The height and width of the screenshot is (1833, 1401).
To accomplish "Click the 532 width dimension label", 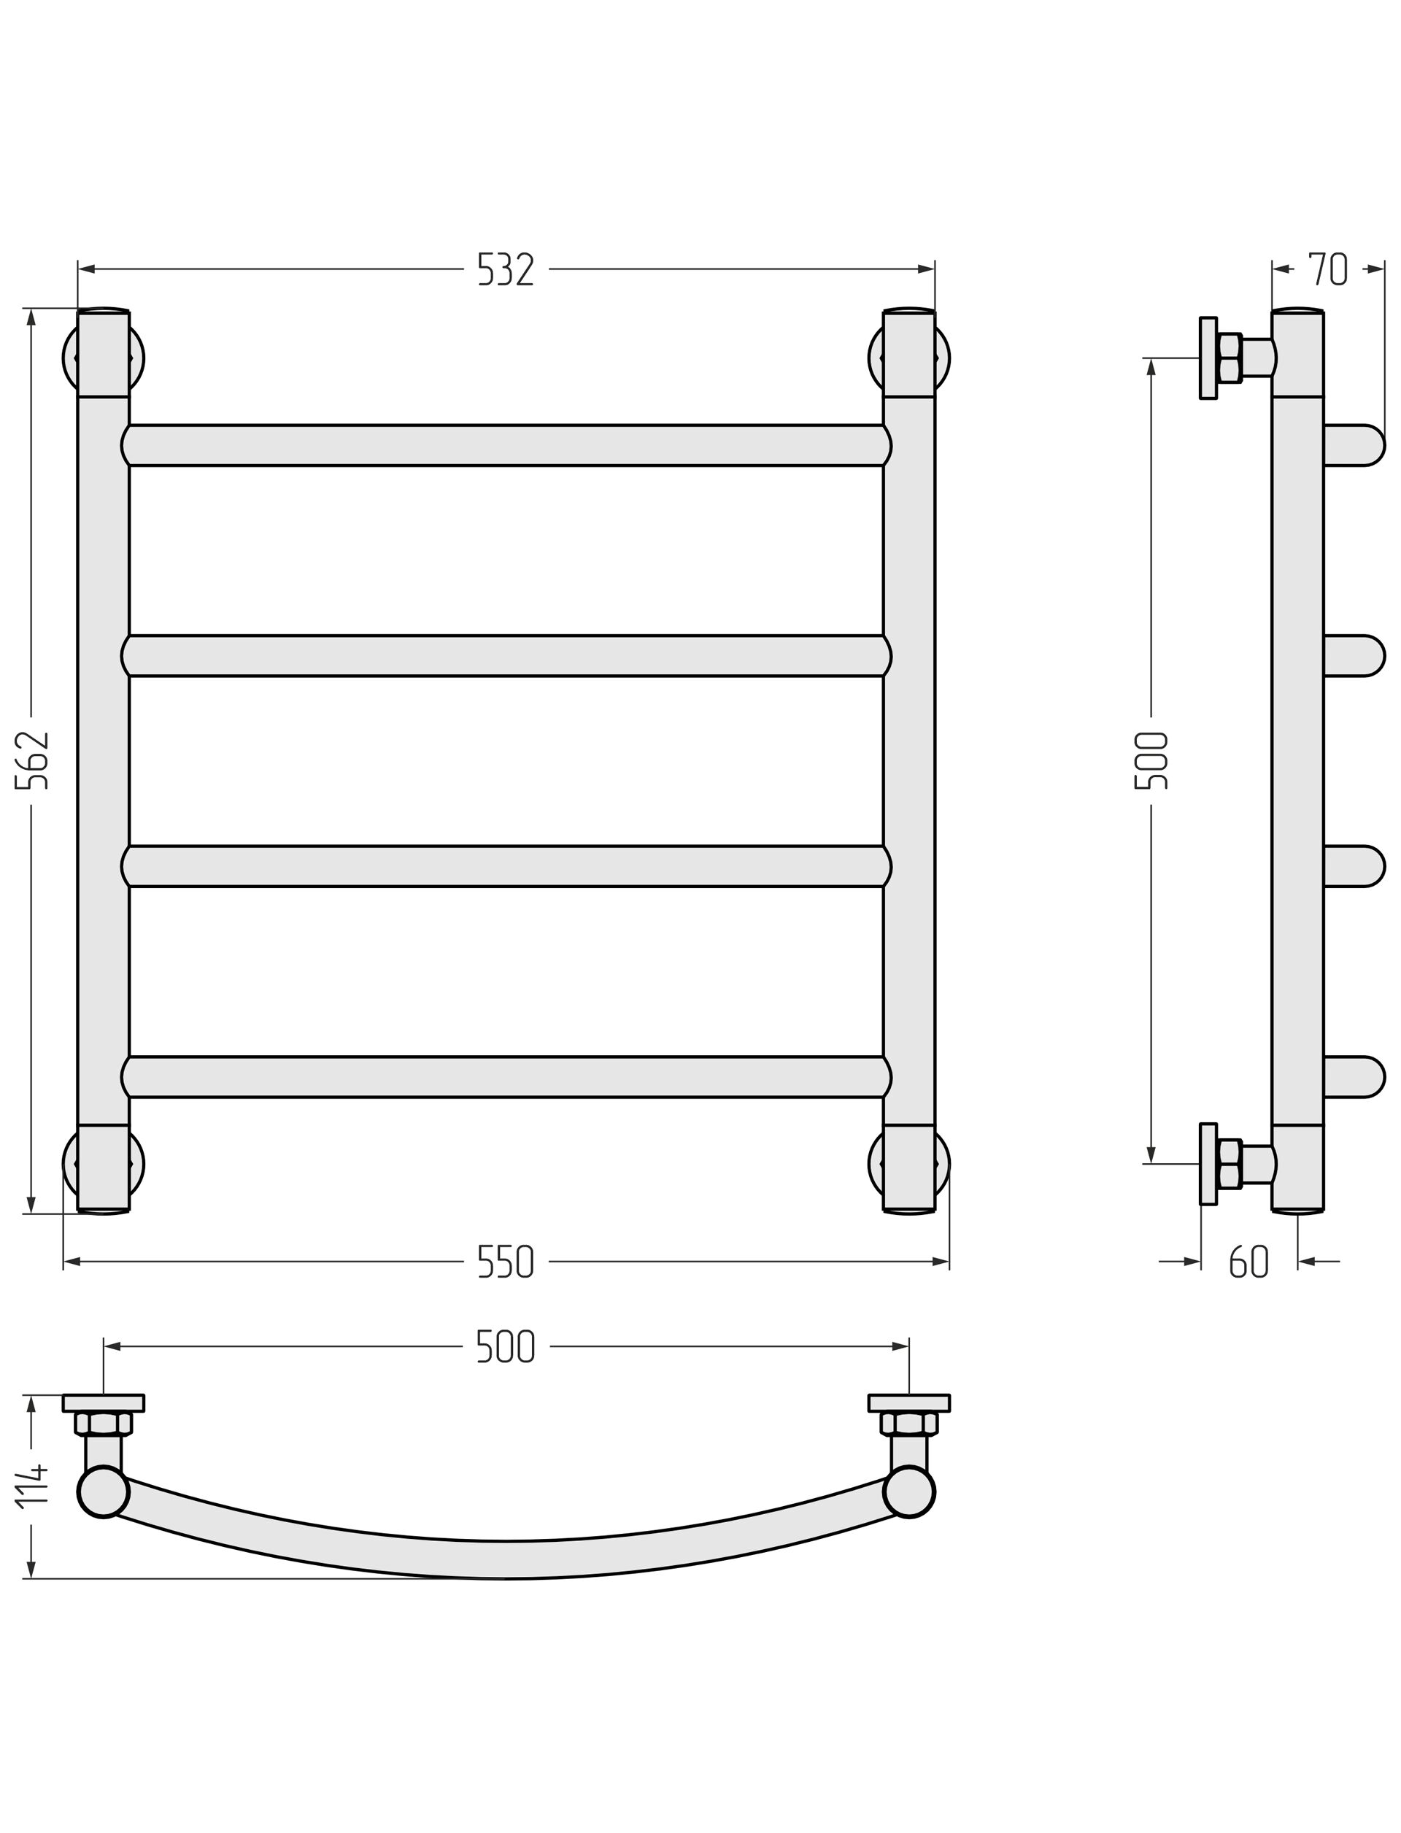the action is click(x=506, y=269).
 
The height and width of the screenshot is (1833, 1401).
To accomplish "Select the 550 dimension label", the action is click(x=506, y=1262).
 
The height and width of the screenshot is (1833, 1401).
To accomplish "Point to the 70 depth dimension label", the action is click(x=1327, y=269).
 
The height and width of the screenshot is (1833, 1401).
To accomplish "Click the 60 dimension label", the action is click(x=1248, y=1262).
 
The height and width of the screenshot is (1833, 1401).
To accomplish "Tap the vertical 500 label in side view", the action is click(x=1151, y=760).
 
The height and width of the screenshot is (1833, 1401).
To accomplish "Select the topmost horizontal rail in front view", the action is click(x=506, y=445).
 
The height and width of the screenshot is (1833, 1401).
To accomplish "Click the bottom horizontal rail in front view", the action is click(x=506, y=1076).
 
